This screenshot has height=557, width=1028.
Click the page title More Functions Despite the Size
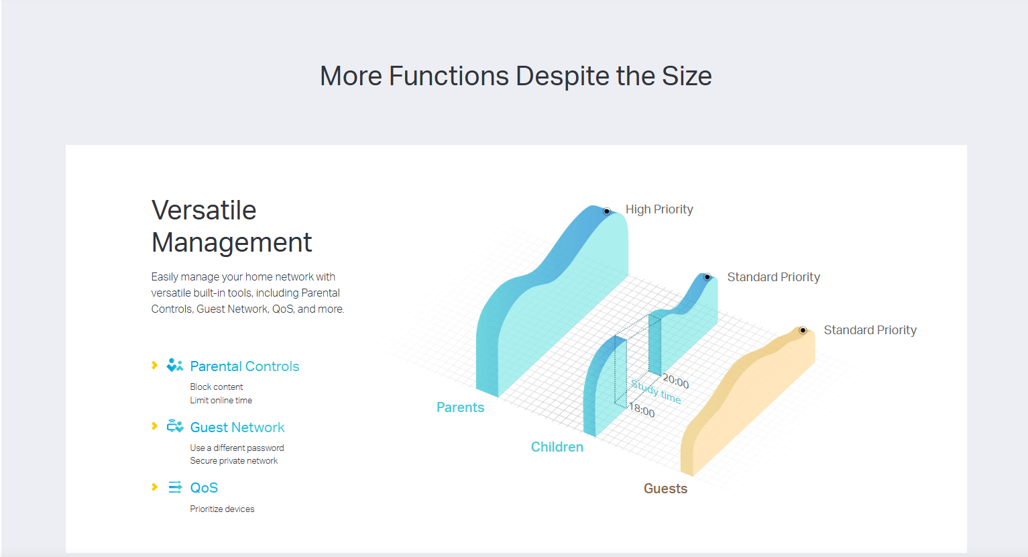pos(516,77)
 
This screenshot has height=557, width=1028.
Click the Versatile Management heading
pos(232,226)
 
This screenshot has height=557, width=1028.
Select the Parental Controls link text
pos(245,366)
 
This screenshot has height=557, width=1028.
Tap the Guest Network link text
pos(237,427)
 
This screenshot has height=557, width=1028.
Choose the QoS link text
pos(204,488)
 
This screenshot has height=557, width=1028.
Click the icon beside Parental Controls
pos(175,365)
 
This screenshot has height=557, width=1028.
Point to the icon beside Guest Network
pos(175,426)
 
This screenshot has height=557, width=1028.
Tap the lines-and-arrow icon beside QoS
pos(175,487)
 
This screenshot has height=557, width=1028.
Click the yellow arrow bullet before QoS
pos(155,487)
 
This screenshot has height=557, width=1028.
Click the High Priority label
pos(659,209)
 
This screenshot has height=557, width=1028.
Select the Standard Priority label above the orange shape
pos(870,330)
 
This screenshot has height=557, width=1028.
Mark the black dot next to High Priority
pos(607,211)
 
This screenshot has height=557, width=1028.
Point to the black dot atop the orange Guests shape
pos(803,330)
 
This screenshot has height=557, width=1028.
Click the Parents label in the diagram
pos(460,407)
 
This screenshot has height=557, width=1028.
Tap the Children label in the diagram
pos(557,447)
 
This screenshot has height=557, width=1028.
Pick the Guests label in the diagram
pos(665,489)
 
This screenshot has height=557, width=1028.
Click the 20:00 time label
pos(675,381)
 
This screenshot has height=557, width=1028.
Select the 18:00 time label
pos(642,409)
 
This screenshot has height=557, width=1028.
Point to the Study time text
pos(656,391)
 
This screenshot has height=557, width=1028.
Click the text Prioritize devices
pos(222,509)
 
